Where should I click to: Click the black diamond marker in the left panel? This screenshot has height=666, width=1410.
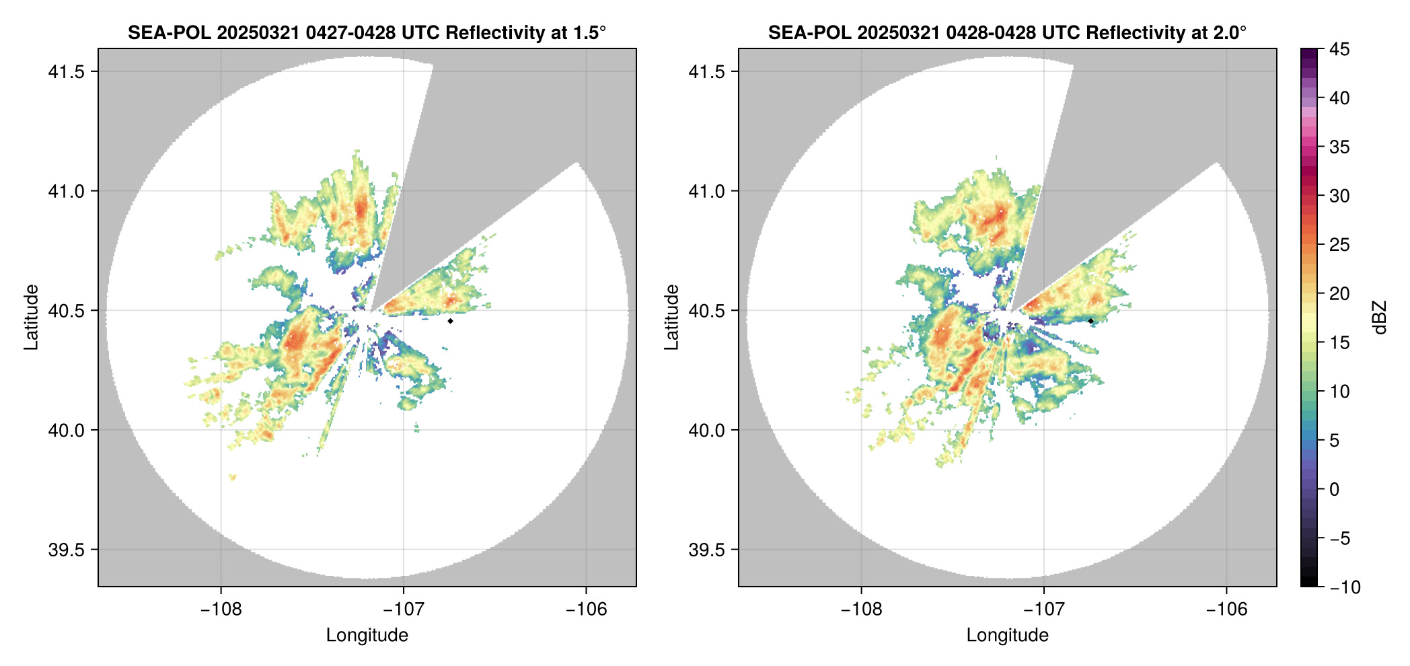coord(450,321)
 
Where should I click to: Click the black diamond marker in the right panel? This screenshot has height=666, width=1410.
coord(1090,321)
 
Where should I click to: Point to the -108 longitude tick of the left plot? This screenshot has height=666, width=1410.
coord(221,609)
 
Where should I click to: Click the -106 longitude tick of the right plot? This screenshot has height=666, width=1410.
coord(1226,609)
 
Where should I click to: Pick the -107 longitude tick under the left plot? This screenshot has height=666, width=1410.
coord(403,609)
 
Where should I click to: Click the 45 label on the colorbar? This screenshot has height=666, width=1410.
coord(1339,49)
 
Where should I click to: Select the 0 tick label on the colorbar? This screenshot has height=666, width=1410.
coord(1335,490)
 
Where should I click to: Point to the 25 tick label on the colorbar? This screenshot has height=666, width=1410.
coord(1339,245)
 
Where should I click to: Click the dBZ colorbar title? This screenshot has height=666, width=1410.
coord(1380,318)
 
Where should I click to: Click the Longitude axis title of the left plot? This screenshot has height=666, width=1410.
coord(367,635)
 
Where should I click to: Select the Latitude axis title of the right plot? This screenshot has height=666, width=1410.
coord(671,318)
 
